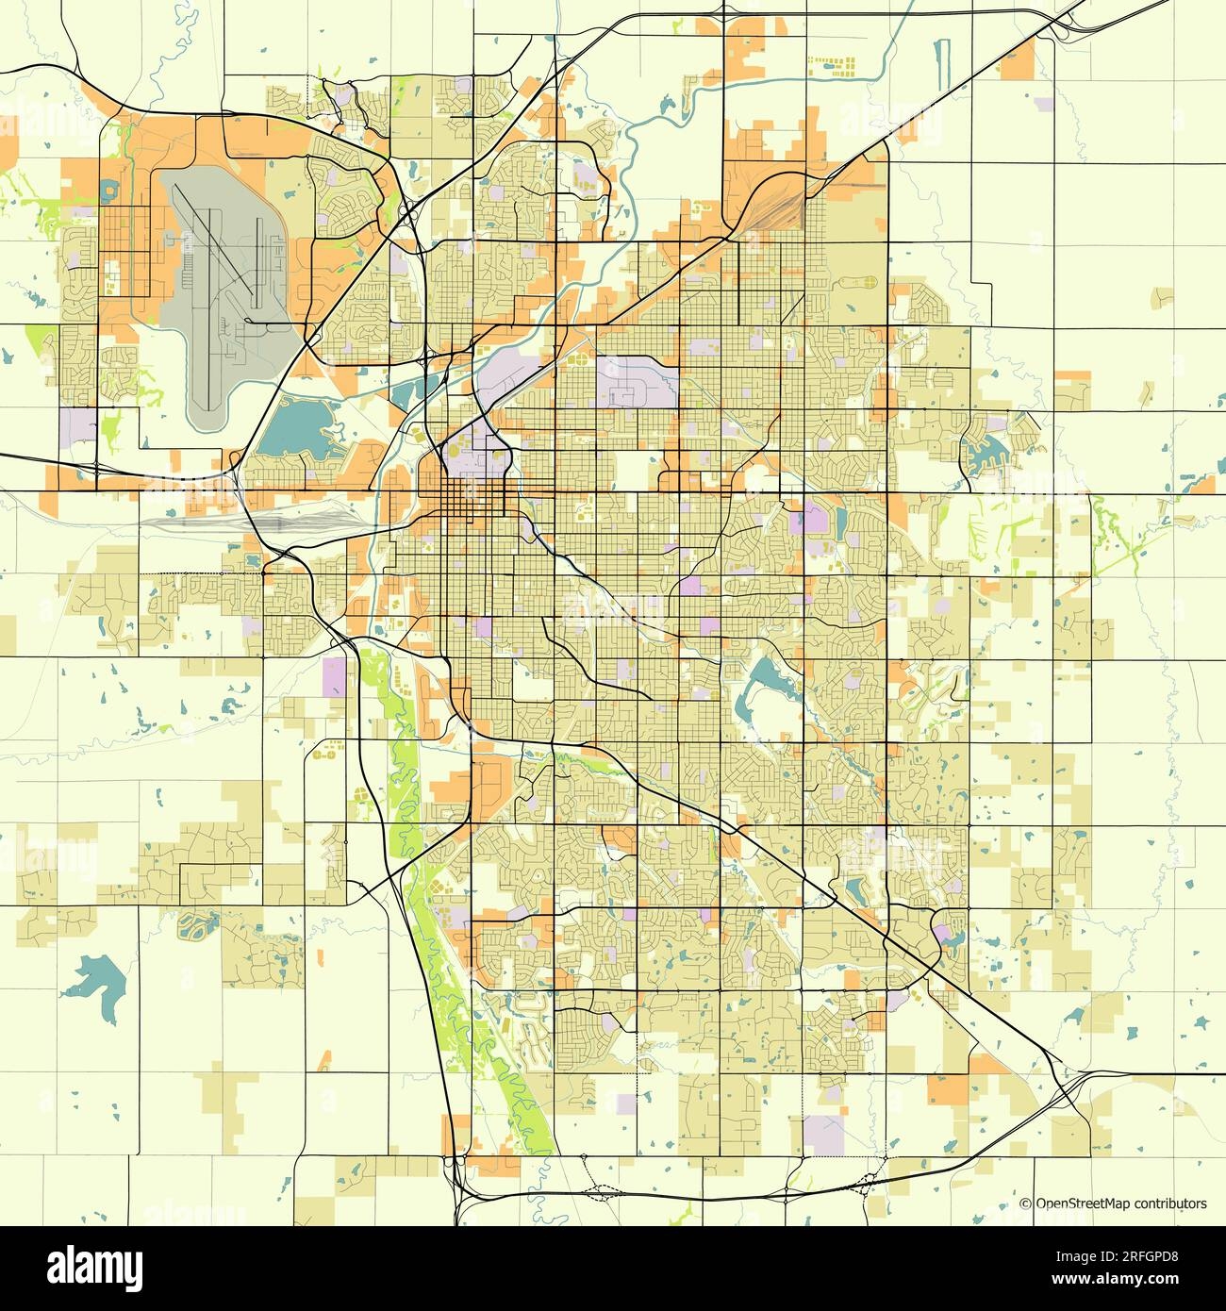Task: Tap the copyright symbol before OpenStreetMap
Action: coord(1026,1203)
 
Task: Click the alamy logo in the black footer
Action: coord(94,1268)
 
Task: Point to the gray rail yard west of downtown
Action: coord(255,520)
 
